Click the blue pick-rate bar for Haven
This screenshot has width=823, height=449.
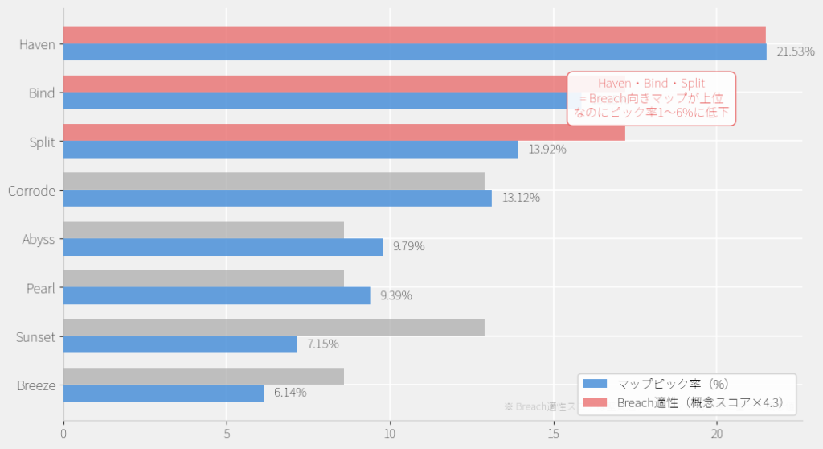coord(415,52)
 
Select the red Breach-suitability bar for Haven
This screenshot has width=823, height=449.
coord(415,35)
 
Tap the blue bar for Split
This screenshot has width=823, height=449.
coord(290,150)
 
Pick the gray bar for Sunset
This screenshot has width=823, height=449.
coord(273,327)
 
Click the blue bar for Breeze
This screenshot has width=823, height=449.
coord(163,393)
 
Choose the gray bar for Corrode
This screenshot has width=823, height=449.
coord(273,181)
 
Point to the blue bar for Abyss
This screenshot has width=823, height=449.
coord(223,247)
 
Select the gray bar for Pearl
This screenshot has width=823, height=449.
coord(203,278)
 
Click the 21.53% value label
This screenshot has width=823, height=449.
coord(796,52)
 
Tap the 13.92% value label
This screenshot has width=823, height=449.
coord(547,150)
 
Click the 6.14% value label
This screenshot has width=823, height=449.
coord(290,393)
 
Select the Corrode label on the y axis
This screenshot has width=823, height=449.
coord(31,192)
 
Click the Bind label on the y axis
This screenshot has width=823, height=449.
coord(42,93)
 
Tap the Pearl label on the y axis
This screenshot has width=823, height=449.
coord(41,288)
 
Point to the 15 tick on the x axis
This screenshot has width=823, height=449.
coord(553,434)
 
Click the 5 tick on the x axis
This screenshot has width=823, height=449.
coord(227,434)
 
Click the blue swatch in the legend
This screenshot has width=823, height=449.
coord(596,384)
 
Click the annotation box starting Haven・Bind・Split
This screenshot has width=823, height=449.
coord(651,98)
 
